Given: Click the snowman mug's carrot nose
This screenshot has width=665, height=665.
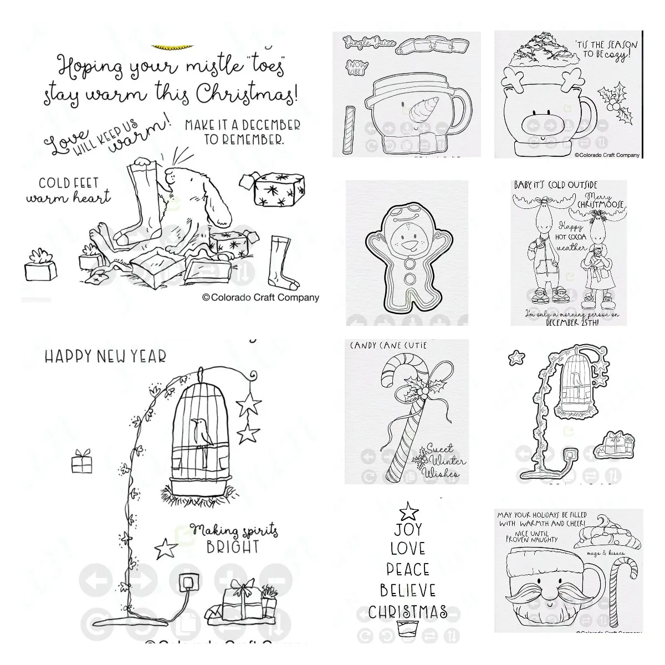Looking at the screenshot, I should click(425, 108).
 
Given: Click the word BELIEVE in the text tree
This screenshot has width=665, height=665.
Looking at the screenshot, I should click(408, 590).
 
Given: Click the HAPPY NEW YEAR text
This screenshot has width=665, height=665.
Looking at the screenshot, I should click(105, 356).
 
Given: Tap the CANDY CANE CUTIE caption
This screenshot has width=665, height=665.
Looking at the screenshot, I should click(388, 345).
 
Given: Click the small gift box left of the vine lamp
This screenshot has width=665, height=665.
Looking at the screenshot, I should click(81, 461).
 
